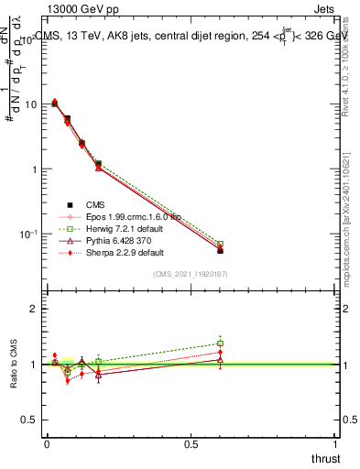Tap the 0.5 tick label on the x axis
pos(191,443)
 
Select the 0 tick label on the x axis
pos(46,443)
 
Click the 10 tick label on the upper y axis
pos(30,104)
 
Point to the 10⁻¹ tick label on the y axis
pos(28,234)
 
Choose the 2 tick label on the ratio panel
pos(34,309)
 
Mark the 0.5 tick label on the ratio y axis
pos(29,420)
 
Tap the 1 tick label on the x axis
pos(336,443)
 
